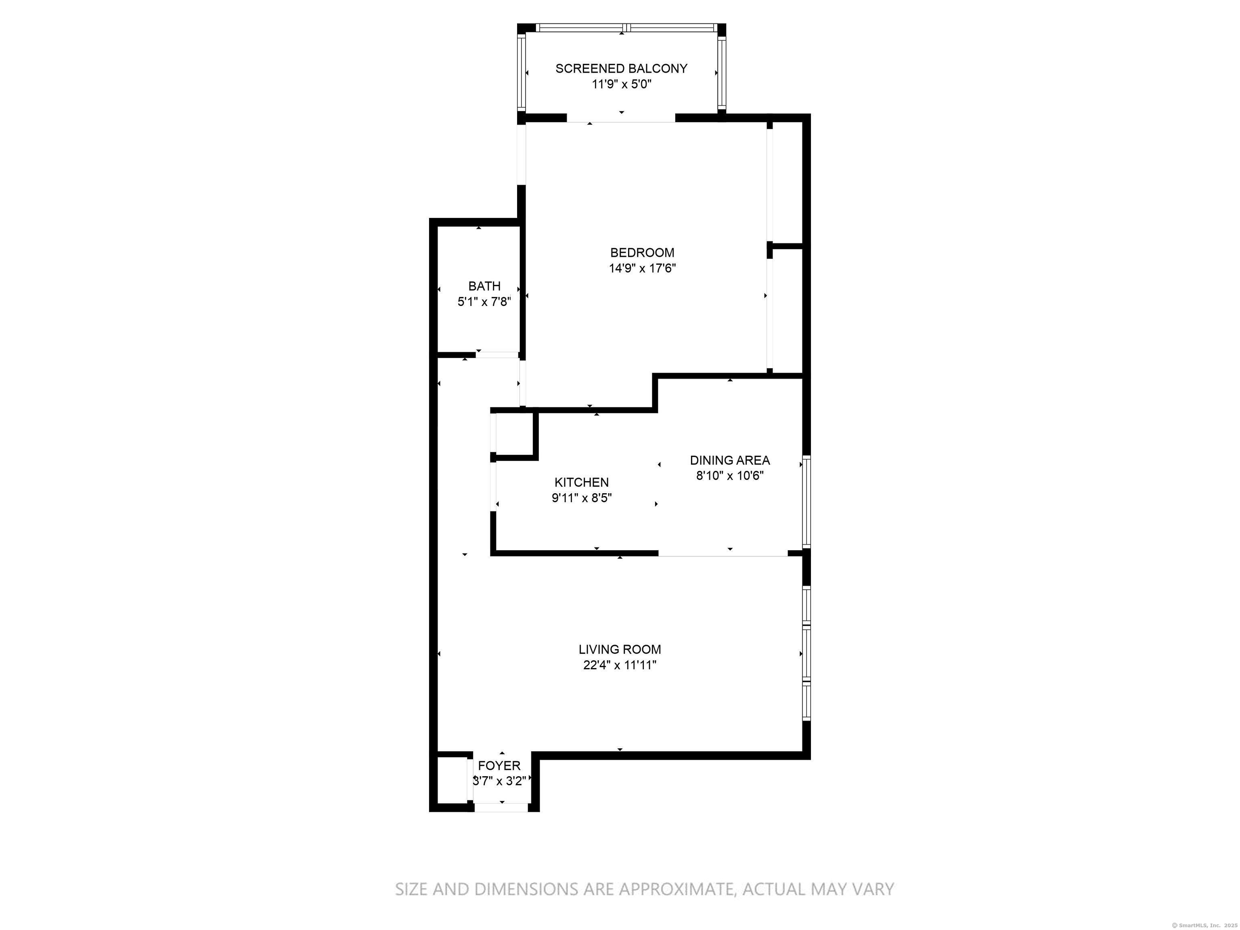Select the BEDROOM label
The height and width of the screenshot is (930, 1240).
(x=642, y=253)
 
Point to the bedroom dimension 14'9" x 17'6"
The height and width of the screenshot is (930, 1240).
(x=642, y=268)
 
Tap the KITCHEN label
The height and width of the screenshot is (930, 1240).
(x=581, y=482)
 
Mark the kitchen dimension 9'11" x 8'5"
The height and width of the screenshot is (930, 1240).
(x=581, y=498)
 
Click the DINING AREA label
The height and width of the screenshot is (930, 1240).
(x=729, y=460)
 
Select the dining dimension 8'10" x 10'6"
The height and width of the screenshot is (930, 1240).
(x=729, y=476)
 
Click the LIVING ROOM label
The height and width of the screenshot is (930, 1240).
(x=620, y=649)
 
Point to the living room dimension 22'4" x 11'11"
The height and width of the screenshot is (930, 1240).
(x=620, y=665)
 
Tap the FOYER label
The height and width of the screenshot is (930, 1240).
(x=499, y=765)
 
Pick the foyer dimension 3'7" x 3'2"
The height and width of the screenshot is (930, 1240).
(x=499, y=781)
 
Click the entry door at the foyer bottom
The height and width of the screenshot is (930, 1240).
(x=501, y=807)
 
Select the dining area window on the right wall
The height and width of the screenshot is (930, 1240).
(x=806, y=502)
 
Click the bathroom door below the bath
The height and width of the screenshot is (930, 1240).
(x=497, y=355)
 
